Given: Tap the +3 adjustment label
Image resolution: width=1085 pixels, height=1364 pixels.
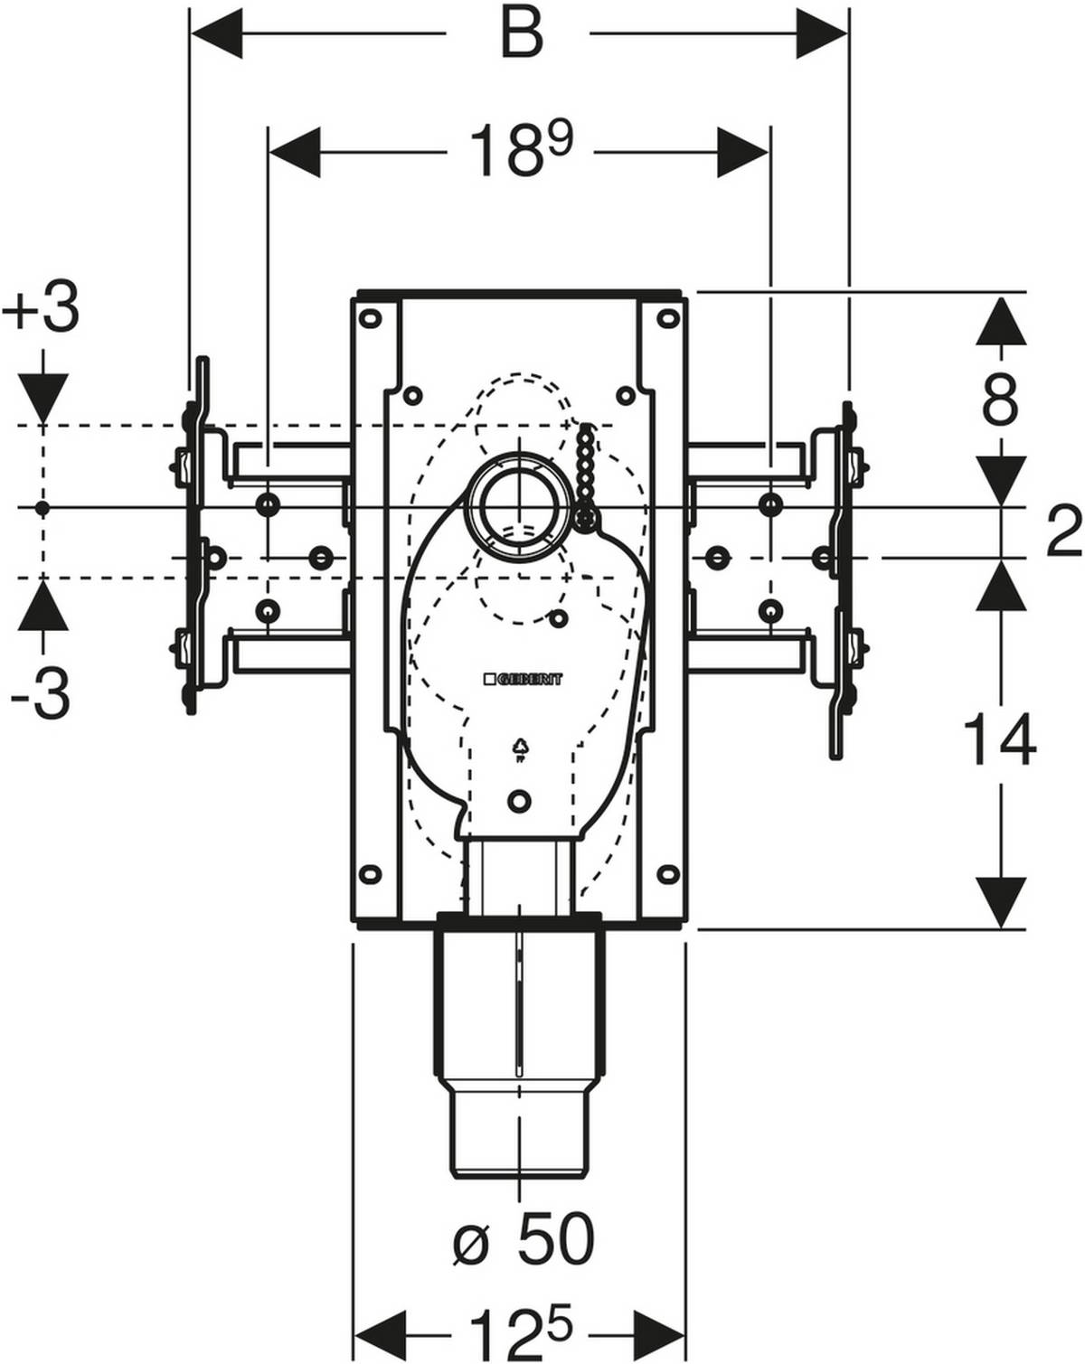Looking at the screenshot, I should (x=41, y=310).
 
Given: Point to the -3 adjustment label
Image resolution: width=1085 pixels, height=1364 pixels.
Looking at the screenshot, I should (x=41, y=695).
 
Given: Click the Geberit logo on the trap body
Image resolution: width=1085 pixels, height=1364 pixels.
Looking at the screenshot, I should (x=521, y=678).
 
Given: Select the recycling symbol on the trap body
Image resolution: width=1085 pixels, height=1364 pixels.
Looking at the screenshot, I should (x=521, y=748).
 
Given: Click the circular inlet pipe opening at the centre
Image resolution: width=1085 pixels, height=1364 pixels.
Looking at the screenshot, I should (x=520, y=503).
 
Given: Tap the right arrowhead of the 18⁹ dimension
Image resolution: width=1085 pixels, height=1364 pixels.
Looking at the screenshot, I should (x=743, y=152).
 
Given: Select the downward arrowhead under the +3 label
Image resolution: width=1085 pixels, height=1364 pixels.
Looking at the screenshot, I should (x=42, y=397).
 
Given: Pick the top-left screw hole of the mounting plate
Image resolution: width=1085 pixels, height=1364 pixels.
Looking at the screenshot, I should (x=369, y=317).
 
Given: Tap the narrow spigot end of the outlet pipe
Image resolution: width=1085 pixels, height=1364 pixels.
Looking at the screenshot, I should (x=520, y=1124).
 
